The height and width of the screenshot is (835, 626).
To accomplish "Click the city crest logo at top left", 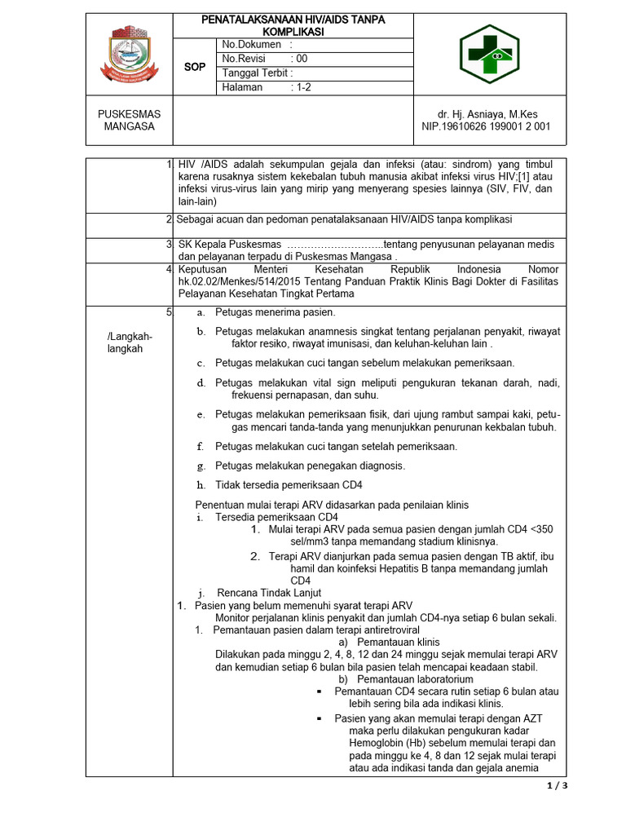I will click(x=130, y=54).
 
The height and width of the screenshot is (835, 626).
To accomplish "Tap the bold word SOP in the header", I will click(x=195, y=66).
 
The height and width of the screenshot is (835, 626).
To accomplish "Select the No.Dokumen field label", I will click(x=252, y=44).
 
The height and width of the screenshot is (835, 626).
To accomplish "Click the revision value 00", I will click(x=302, y=59).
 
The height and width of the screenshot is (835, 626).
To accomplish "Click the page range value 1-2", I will click(x=303, y=87).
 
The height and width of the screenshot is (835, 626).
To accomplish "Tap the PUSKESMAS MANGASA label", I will click(x=130, y=120).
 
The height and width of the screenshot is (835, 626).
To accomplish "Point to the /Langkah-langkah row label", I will click(x=130, y=342).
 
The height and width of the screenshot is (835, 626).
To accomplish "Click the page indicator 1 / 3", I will click(x=555, y=786).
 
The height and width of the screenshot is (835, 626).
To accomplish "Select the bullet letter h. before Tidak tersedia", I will click(x=201, y=485).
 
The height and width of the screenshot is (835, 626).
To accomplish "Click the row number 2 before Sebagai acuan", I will click(x=169, y=219).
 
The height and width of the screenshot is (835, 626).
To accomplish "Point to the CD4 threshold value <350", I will click(x=540, y=529).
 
